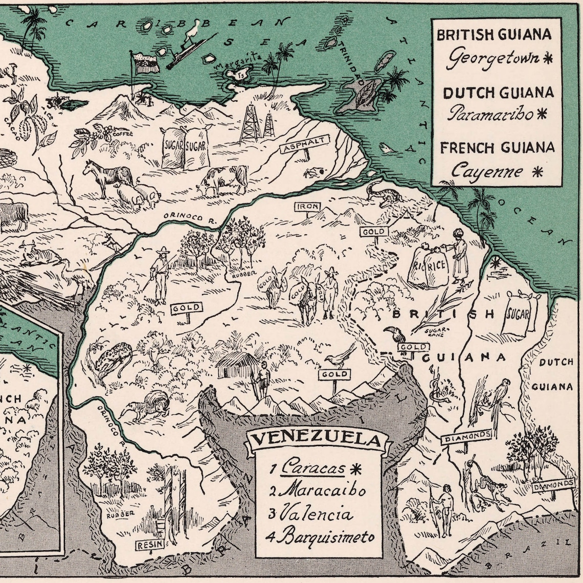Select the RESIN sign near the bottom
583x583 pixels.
point(150,545)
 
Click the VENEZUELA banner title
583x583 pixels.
point(318,439)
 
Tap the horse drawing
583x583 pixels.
point(107,176)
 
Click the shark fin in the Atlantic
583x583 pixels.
point(388,149)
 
